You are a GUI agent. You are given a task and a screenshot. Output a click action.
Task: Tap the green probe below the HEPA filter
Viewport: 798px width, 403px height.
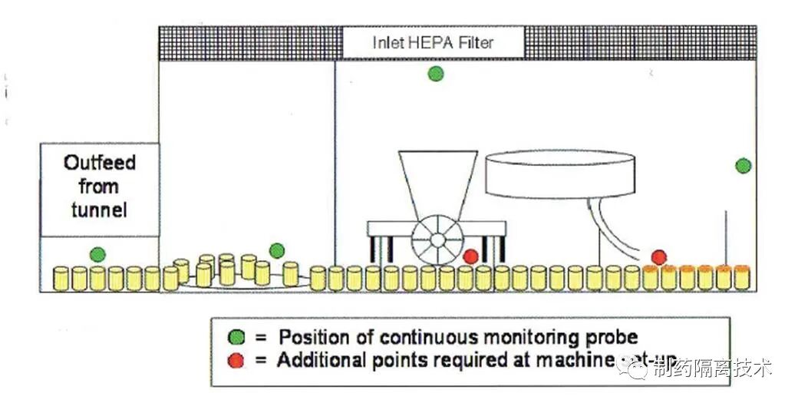pos(436,74)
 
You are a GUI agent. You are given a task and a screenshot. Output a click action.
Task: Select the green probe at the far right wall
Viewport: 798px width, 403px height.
pos(743,165)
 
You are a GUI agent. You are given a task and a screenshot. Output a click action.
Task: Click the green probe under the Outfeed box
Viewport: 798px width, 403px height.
pos(97,254)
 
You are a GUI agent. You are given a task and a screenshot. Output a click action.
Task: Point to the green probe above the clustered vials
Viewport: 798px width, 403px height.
pos(277,250)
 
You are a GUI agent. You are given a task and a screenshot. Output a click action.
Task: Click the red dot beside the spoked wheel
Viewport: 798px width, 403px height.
pos(471,256)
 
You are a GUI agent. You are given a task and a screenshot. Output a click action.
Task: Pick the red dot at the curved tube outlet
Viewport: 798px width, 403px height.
pos(658,256)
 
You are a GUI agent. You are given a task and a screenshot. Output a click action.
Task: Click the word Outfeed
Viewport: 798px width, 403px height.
pos(100,163)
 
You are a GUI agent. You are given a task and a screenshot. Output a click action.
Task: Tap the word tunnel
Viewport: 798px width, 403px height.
pos(100,209)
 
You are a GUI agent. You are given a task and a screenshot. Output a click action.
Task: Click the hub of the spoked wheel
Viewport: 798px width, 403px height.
pos(436,239)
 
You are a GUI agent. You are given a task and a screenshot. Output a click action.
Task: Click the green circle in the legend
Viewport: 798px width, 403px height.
pos(237,337)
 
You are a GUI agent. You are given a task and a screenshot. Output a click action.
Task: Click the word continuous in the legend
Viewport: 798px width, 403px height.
pos(424,337)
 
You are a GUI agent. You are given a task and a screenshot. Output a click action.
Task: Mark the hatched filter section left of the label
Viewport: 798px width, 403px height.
pos(249,43)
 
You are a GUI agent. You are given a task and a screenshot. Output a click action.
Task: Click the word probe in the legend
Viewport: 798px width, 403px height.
pos(610,337)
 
